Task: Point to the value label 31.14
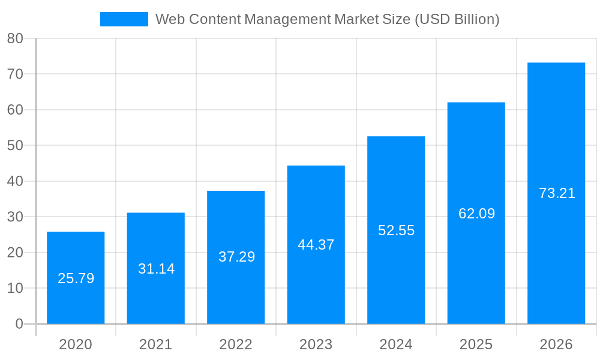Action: [156, 269]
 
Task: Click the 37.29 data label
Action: [236, 257]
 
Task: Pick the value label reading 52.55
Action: [396, 230]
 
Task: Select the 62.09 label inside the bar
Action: [476, 214]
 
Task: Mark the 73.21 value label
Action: [557, 193]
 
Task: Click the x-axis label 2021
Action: [155, 344]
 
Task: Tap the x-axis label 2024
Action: [396, 344]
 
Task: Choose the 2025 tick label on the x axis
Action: [476, 344]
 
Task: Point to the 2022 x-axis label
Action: [236, 344]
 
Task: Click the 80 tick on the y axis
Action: [15, 38]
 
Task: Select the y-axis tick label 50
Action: [15, 146]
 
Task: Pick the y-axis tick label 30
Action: [15, 217]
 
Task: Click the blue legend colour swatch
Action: [124, 19]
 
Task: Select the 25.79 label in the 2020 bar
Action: [76, 278]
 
